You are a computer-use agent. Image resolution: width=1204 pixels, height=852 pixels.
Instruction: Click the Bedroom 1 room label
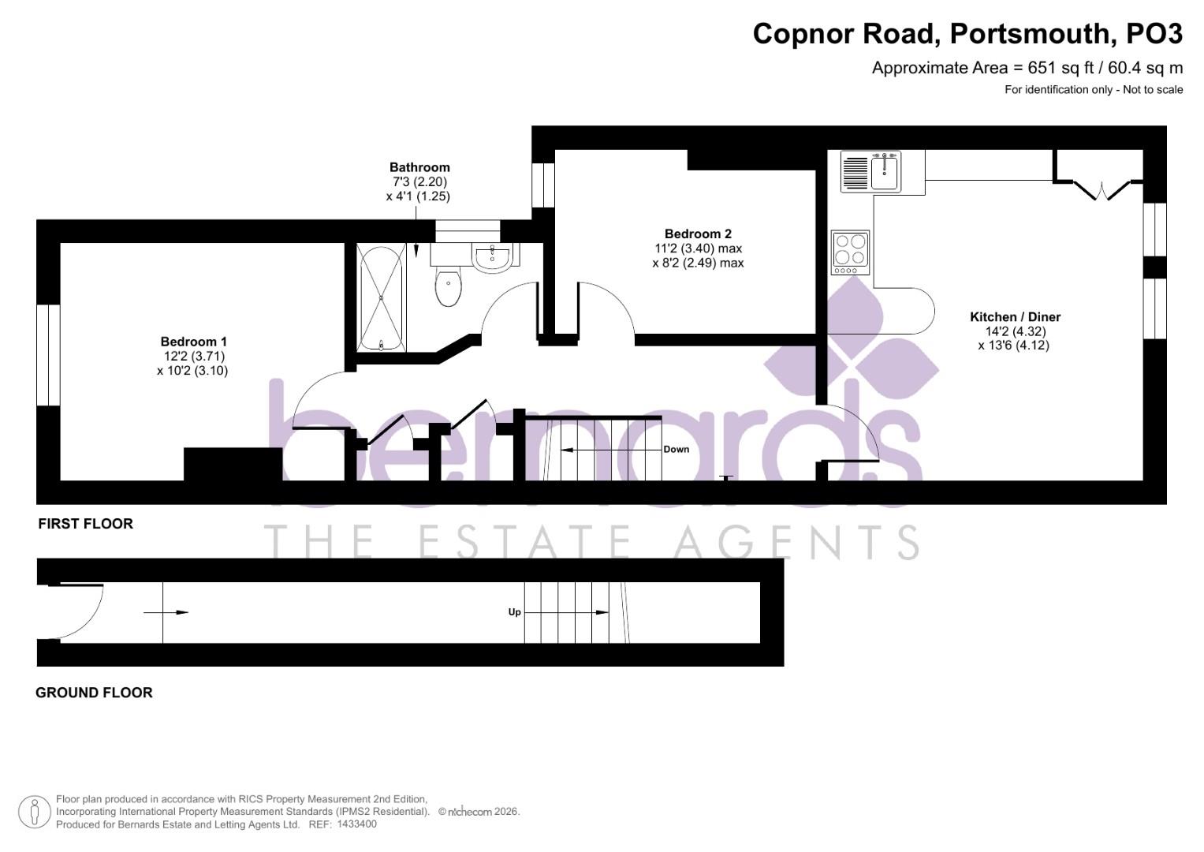tap(193, 342)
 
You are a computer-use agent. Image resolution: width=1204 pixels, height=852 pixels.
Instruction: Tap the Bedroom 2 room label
tap(697, 234)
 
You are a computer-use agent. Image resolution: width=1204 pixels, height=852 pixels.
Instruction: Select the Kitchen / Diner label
tap(1015, 317)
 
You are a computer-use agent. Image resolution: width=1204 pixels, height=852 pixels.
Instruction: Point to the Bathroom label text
tap(419, 167)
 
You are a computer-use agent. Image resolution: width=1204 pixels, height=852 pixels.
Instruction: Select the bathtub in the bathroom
tap(382, 297)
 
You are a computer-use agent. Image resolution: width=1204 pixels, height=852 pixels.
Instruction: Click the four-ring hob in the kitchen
tap(850, 252)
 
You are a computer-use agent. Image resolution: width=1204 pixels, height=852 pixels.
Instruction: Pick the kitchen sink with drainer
tap(871, 171)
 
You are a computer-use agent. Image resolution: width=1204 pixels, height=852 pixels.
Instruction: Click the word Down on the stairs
tap(676, 450)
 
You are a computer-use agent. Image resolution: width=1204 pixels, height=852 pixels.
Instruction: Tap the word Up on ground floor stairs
tap(514, 612)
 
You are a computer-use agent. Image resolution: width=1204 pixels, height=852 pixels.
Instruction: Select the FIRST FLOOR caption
tap(85, 524)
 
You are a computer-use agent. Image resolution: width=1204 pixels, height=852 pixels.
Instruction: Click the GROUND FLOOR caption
tap(94, 693)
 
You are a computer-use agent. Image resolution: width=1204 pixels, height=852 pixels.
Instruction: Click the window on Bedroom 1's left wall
tap(48, 355)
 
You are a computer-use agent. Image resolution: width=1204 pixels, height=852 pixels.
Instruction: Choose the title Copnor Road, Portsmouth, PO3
tap(967, 34)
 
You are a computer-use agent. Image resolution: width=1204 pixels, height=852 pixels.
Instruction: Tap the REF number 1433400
tap(356, 824)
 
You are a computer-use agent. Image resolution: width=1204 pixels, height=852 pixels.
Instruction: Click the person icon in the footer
tap(34, 812)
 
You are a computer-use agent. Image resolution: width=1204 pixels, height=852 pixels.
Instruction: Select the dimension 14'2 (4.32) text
tap(1013, 331)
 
